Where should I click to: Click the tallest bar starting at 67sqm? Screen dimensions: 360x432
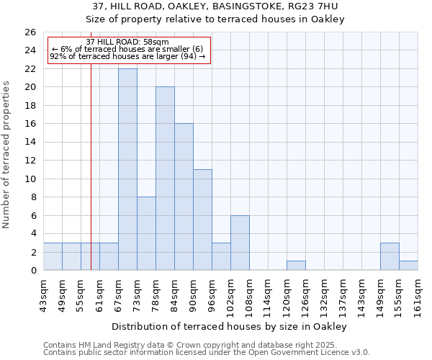(127, 169)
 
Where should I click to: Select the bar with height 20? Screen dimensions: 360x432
(165, 179)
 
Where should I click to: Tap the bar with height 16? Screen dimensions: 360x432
(184, 197)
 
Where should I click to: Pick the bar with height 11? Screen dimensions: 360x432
(202, 220)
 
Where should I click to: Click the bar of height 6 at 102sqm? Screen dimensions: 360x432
(240, 243)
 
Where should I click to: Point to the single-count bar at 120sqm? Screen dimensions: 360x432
(296, 266)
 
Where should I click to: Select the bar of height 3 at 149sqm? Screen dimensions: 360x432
(390, 256)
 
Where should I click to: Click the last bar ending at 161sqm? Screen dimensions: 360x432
(408, 266)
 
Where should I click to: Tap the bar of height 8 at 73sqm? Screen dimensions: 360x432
(146, 233)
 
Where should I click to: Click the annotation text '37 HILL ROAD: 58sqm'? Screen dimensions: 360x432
(127, 42)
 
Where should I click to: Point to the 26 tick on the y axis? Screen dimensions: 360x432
(30, 32)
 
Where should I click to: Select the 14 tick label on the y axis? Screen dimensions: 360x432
(30, 143)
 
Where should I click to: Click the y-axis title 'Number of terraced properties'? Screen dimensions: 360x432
(7, 155)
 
